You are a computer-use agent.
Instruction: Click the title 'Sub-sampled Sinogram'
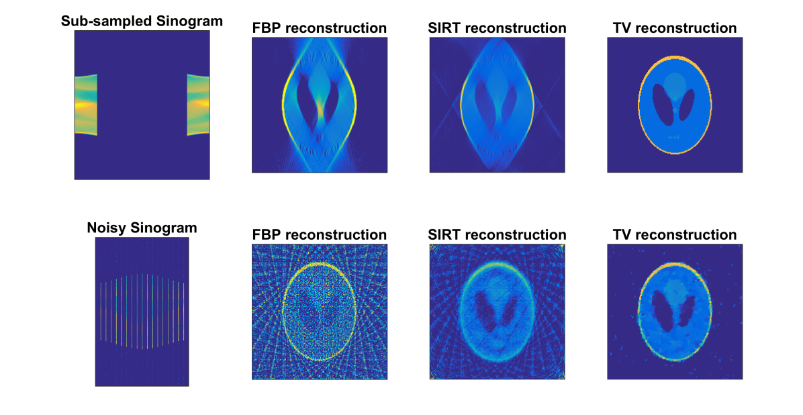pyautogui.click(x=142, y=21)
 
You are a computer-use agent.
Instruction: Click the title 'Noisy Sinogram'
pyautogui.click(x=142, y=228)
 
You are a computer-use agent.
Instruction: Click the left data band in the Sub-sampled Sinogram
pyautogui.click(x=85, y=105)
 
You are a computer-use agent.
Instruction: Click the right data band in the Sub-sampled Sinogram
pyautogui.click(x=198, y=105)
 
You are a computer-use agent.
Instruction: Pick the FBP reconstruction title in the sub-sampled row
pyautogui.click(x=319, y=28)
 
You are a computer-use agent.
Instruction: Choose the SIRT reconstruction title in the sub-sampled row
pyautogui.click(x=497, y=28)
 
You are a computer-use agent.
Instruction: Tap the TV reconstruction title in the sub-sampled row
pyautogui.click(x=675, y=28)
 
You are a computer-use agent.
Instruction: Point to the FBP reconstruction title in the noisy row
pyautogui.click(x=319, y=234)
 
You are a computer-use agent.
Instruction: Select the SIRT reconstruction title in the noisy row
pyautogui.click(x=497, y=234)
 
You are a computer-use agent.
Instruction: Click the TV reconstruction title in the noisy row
pyautogui.click(x=675, y=234)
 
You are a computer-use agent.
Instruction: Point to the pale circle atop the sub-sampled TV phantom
pyautogui.click(x=675, y=83)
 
